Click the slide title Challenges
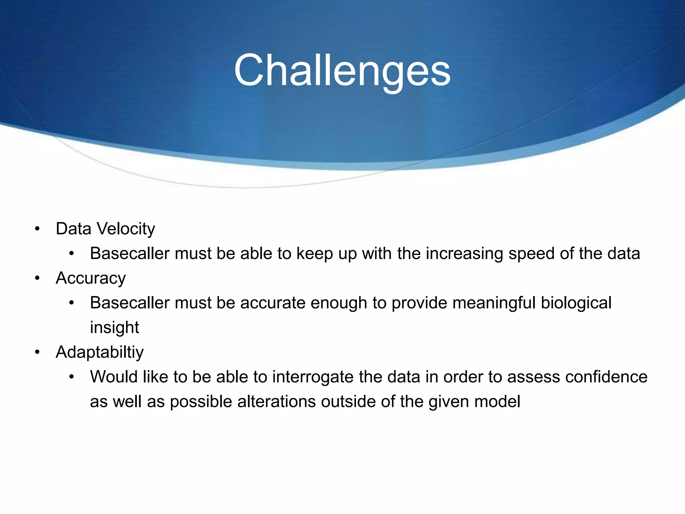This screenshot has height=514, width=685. click(342, 71)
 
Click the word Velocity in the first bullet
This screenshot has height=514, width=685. click(125, 229)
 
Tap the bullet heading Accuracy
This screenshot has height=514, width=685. click(91, 278)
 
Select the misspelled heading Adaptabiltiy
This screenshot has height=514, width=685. click(100, 352)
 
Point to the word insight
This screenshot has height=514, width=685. click(114, 328)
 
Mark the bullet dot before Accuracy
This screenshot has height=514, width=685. click(37, 278)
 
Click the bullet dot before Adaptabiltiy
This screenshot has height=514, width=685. click(37, 352)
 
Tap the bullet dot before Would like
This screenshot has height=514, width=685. click(71, 377)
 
